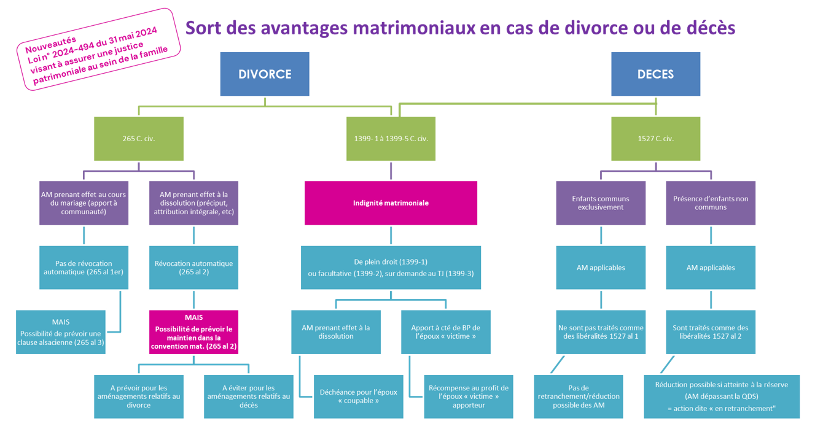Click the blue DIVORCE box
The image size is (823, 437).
pyautogui.click(x=265, y=74)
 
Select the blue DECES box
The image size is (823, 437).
pyautogui.click(x=655, y=74)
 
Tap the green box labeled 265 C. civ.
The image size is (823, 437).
pyautogui.click(x=139, y=139)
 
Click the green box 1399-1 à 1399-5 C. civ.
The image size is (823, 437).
pyautogui.click(x=391, y=139)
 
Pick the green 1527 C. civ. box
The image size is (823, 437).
pyautogui.click(x=655, y=139)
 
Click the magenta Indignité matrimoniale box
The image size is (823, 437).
pyautogui.click(x=391, y=203)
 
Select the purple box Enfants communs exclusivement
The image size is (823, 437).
pyautogui.click(x=601, y=203)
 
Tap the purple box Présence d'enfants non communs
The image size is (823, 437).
pyautogui.click(x=711, y=203)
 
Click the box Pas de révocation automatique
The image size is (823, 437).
pyautogui.click(x=84, y=268)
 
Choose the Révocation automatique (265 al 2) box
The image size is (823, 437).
pyautogui.click(x=193, y=268)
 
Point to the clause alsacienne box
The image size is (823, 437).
pyautogui.click(x=61, y=332)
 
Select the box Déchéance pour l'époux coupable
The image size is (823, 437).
pyautogui.click(x=359, y=396)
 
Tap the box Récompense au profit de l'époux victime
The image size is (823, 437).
pyautogui.click(x=469, y=396)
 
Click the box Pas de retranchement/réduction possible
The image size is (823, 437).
pyautogui.click(x=579, y=396)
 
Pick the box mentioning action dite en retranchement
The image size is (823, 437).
pyautogui.click(x=722, y=396)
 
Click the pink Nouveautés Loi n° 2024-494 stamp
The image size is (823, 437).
pyautogui.click(x=98, y=49)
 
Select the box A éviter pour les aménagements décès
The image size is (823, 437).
pyautogui.click(x=249, y=396)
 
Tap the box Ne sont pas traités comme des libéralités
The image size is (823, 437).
pyautogui.click(x=601, y=332)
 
